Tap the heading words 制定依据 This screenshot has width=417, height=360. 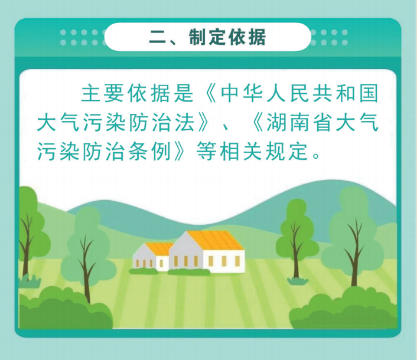(227, 37)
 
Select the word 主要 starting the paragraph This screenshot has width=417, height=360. (103, 93)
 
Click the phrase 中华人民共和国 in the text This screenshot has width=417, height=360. (299, 93)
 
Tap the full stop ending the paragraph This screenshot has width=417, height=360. (317, 156)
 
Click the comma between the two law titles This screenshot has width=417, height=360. (226, 127)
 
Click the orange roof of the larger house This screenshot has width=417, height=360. (215, 240)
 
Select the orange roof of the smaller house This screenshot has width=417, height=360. (159, 248)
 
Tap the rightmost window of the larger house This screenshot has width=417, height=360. (237, 261)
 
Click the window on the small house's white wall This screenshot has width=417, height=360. (161, 264)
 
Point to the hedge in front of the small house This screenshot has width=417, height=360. (144, 271)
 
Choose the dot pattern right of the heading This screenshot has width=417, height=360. (329, 37)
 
